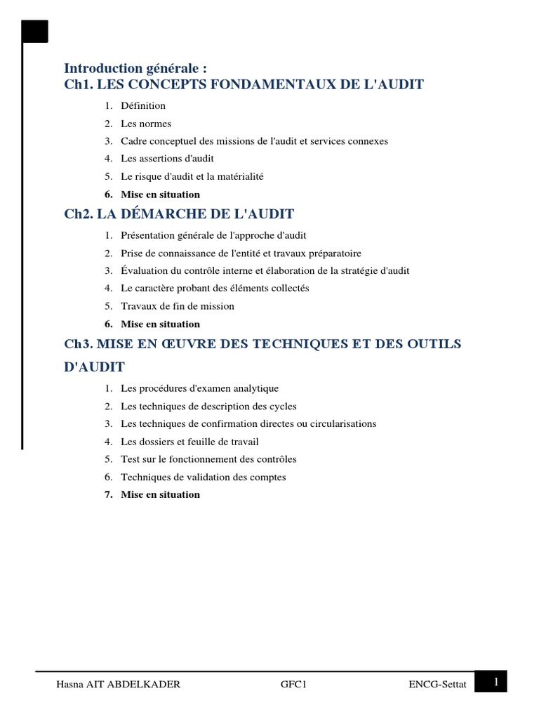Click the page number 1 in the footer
click(496, 680)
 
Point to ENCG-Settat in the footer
click(437, 685)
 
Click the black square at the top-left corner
click(35, 32)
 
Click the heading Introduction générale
click(135, 68)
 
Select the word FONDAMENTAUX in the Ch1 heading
click(263, 85)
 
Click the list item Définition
click(143, 106)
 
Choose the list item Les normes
click(146, 124)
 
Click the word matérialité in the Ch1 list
click(239, 177)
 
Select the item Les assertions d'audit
click(167, 159)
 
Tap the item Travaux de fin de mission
click(178, 306)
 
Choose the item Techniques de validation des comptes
click(203, 477)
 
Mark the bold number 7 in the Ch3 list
click(108, 495)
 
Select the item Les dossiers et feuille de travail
click(189, 442)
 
